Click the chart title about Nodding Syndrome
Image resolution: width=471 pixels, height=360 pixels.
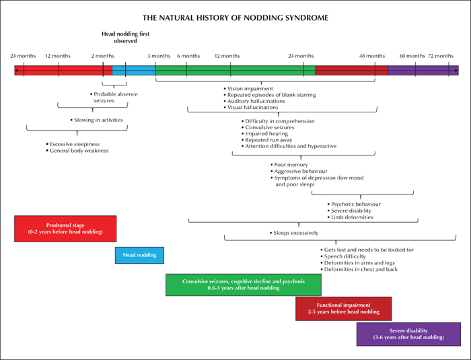(x=235, y=17)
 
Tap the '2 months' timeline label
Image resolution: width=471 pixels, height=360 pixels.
(x=103, y=56)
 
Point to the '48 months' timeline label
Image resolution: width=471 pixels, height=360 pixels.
(x=372, y=56)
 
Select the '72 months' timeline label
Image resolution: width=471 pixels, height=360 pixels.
(x=441, y=56)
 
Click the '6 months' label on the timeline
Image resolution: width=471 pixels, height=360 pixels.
(x=188, y=56)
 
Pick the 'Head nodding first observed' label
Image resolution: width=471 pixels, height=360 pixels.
(x=125, y=37)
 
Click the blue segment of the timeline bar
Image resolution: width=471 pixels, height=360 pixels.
(x=134, y=70)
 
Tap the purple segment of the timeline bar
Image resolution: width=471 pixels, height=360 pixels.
(x=423, y=70)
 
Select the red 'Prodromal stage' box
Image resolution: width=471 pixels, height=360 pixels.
(x=65, y=229)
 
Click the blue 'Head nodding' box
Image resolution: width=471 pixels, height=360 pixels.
(x=139, y=255)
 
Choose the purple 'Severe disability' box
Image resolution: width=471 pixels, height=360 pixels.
(x=408, y=334)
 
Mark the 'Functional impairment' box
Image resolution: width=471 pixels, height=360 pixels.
(x=343, y=309)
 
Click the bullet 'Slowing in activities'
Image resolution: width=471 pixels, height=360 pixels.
(x=96, y=120)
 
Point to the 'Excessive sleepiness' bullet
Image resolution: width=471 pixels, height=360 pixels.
(x=73, y=144)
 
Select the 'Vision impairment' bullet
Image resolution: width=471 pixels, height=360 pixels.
(x=248, y=89)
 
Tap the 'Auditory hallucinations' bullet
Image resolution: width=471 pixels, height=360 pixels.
(x=254, y=101)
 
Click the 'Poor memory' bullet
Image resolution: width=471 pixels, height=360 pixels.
(x=289, y=165)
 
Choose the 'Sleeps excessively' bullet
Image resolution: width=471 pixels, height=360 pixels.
(x=294, y=233)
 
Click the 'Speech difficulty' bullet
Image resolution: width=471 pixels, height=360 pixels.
(x=342, y=256)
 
